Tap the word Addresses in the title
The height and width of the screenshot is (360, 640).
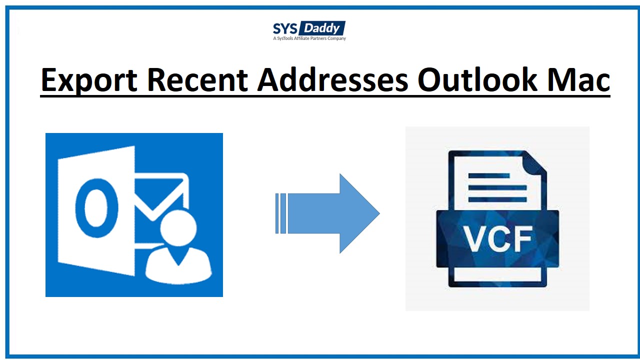[x=333, y=80]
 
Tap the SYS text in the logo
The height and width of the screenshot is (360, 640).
[x=284, y=28]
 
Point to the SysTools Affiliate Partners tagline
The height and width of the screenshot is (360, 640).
[x=309, y=38]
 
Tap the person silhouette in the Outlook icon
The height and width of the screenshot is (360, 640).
[x=178, y=250]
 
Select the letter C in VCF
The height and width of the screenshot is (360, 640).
[x=497, y=239]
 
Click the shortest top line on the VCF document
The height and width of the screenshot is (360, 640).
[x=489, y=175]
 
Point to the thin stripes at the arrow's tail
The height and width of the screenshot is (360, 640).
[x=280, y=213]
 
